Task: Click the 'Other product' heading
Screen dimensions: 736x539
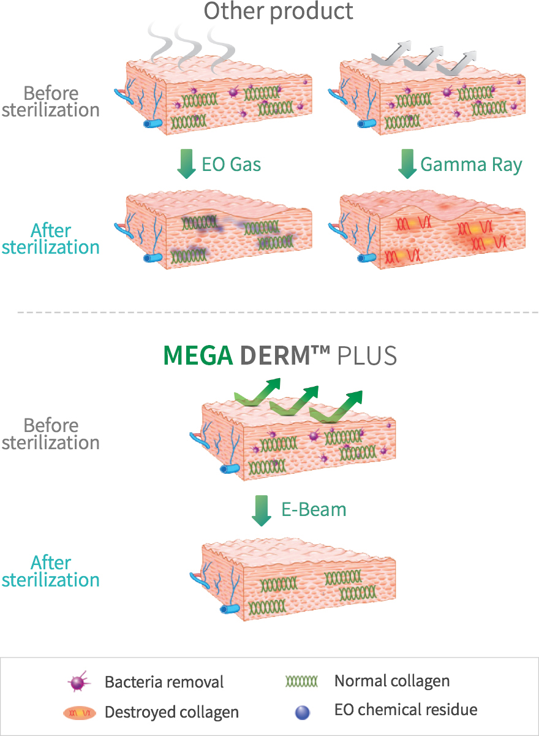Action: pyautogui.click(x=278, y=11)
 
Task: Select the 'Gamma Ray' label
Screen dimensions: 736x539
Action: pyautogui.click(x=471, y=164)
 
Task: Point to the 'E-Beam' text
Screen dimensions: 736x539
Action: pyautogui.click(x=314, y=509)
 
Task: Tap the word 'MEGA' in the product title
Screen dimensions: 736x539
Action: pyautogui.click(x=197, y=355)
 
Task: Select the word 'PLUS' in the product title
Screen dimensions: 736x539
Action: pyautogui.click(x=367, y=355)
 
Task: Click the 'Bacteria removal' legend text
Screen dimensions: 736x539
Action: pyautogui.click(x=164, y=682)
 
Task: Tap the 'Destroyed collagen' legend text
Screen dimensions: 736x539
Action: pyautogui.click(x=171, y=712)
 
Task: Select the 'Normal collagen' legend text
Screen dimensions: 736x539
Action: pyautogui.click(x=392, y=681)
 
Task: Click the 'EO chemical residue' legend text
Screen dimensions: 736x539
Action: pyautogui.click(x=405, y=710)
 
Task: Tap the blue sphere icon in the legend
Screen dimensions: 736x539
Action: pyautogui.click(x=303, y=712)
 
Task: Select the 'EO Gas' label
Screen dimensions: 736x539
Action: pyautogui.click(x=231, y=164)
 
